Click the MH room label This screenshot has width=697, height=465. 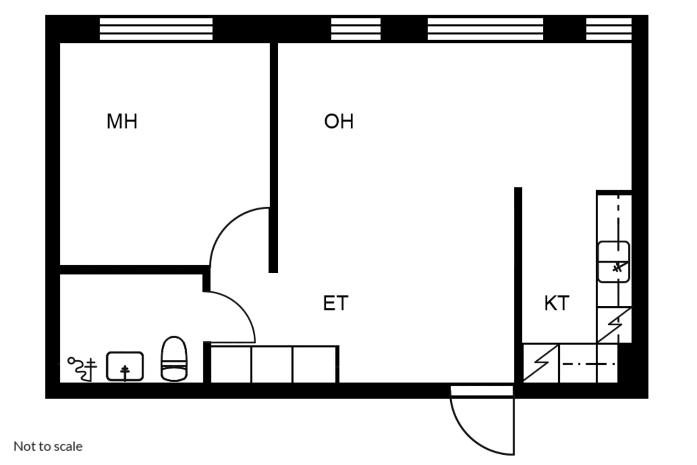pyautogui.click(x=122, y=121)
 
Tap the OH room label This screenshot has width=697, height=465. pyautogui.click(x=339, y=121)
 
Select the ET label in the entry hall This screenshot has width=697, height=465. pyautogui.click(x=335, y=303)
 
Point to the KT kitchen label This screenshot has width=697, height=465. pyautogui.click(x=556, y=303)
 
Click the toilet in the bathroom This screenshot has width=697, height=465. pyautogui.click(x=174, y=359)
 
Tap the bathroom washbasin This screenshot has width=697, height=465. pyautogui.click(x=125, y=367)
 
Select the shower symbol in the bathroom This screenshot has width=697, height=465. pyautogui.click(x=82, y=368)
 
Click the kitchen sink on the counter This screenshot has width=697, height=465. pyautogui.click(x=613, y=262)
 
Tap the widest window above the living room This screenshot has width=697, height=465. pyautogui.click(x=485, y=29)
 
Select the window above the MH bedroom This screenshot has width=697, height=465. pyautogui.click(x=156, y=29)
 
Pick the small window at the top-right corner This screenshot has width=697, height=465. pyautogui.click(x=609, y=29)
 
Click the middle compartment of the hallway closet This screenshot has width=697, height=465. pyautogui.click(x=272, y=364)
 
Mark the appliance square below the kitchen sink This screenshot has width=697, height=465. pyautogui.click(x=614, y=325)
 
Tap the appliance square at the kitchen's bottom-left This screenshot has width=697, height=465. pyautogui.click(x=541, y=363)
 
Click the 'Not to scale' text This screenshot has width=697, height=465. pyautogui.click(x=48, y=446)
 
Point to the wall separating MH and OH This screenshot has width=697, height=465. pyautogui.click(x=274, y=154)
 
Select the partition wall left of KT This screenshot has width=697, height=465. pyautogui.click(x=518, y=279)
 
